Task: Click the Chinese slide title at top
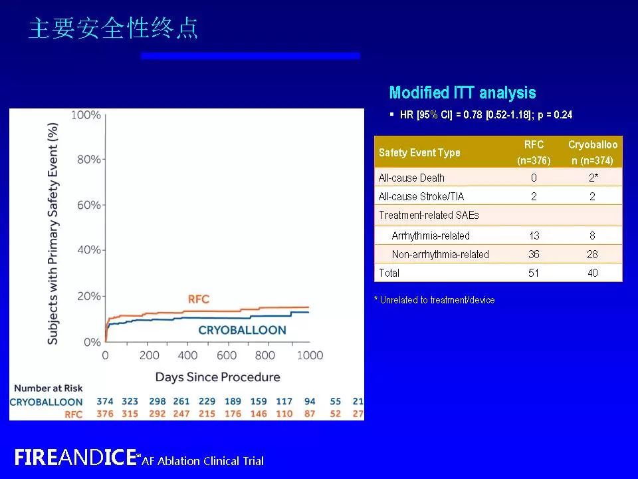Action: pos(114,29)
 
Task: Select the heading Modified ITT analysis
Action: pos(462,93)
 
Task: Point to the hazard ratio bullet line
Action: pos(485,115)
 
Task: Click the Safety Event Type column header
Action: pos(419,152)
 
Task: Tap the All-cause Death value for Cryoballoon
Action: pos(592,178)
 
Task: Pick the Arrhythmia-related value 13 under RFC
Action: pos(534,236)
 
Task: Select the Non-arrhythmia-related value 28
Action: pos(592,254)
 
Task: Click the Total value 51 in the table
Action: pos(534,273)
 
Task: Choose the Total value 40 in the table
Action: pos(592,273)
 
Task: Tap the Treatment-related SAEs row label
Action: pos(429,215)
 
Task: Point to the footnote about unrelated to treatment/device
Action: pos(435,300)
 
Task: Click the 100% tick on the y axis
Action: pos(86,115)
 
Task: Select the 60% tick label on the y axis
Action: pos(88,205)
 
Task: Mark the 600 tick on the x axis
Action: pos(227,355)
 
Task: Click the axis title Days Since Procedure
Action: pos(217,377)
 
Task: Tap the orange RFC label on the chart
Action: pos(198,299)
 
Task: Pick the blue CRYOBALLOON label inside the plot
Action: pos(242,330)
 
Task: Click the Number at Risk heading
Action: pos(48,389)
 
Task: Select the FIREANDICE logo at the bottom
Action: pos(75,458)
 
